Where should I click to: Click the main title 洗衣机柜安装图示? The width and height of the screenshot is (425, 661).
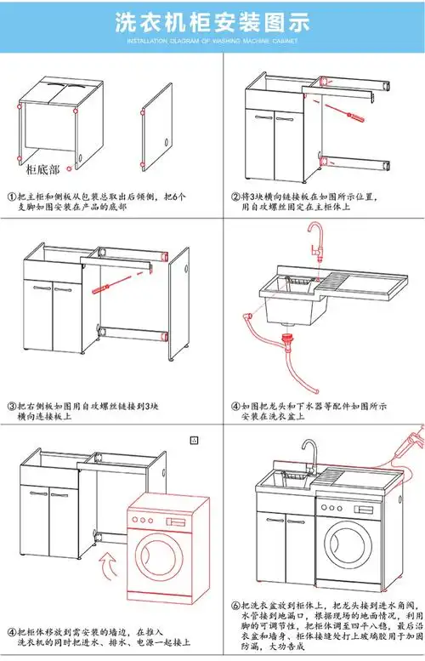[212, 24]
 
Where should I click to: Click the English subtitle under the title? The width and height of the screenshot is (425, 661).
[212, 41]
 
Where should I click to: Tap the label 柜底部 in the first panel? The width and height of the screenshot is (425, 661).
[42, 170]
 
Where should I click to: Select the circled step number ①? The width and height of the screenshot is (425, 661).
[12, 197]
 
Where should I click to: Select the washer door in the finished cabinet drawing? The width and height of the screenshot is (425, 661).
[348, 545]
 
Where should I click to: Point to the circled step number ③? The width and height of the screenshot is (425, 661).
[12, 406]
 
